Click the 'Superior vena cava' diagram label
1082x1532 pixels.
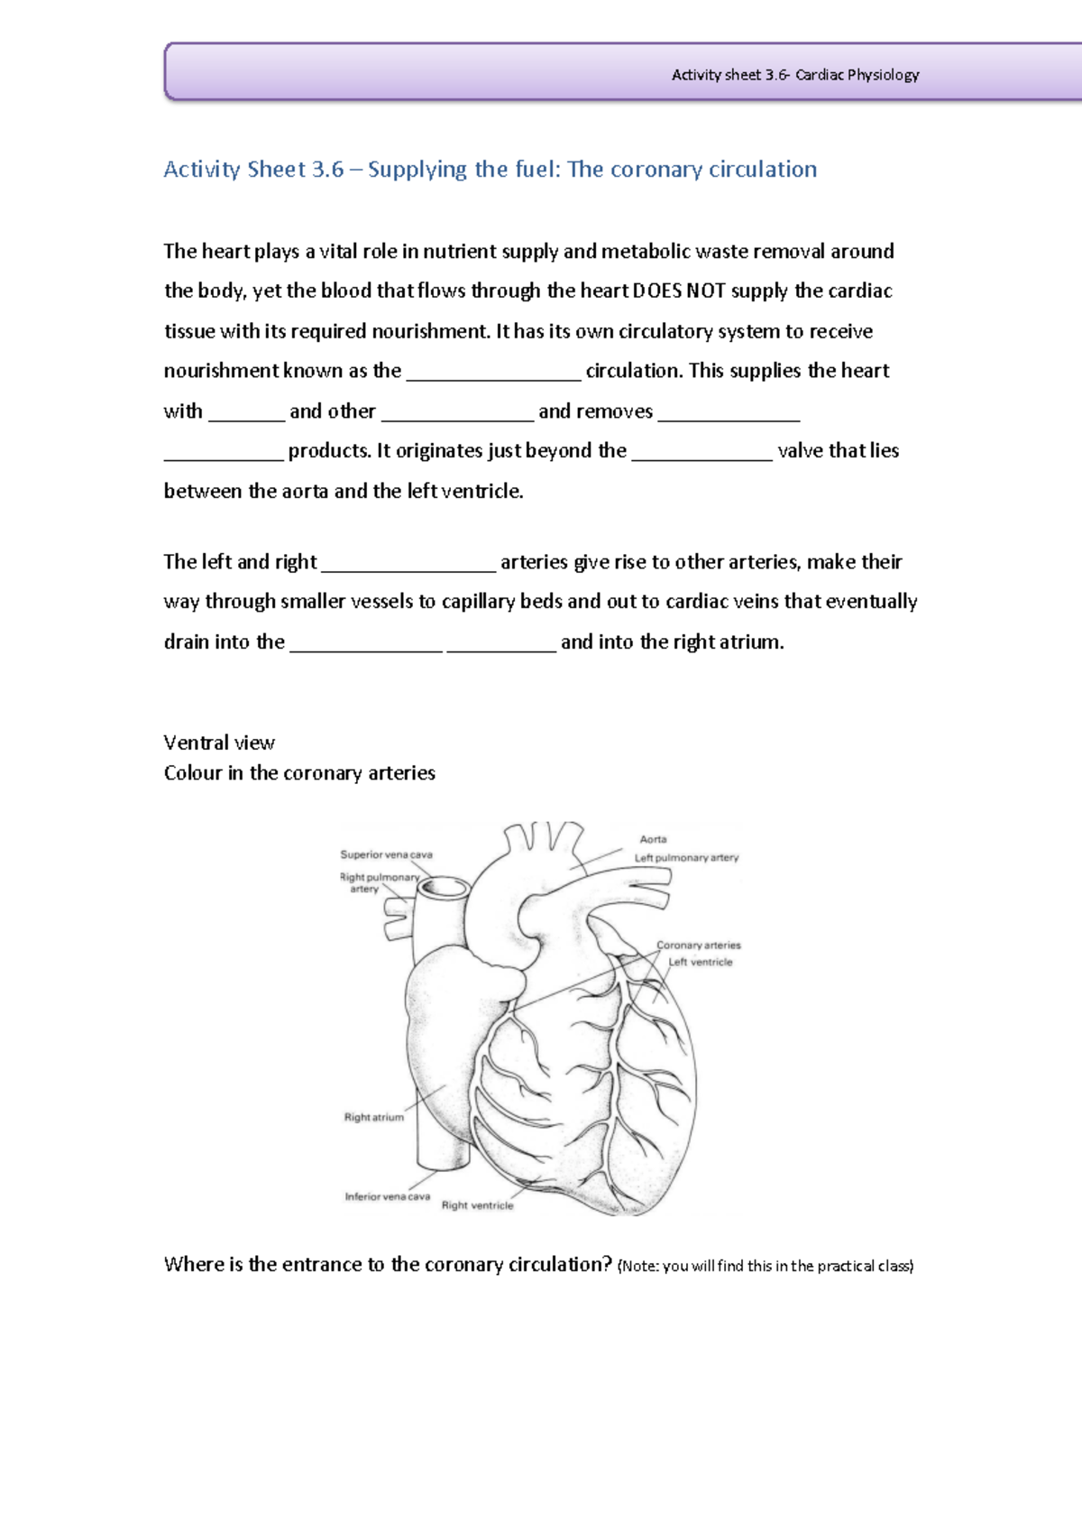pyautogui.click(x=386, y=854)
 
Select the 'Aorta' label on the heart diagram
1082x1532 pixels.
pyautogui.click(x=653, y=839)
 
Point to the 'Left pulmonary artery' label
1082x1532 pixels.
pyautogui.click(x=686, y=858)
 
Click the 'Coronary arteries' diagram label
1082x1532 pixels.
pyautogui.click(x=698, y=946)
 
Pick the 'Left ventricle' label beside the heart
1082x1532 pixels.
pyautogui.click(x=700, y=962)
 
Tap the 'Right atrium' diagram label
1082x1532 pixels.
pyautogui.click(x=373, y=1117)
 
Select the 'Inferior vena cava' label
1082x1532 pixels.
pyautogui.click(x=387, y=1196)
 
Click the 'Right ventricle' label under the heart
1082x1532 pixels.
pyautogui.click(x=477, y=1205)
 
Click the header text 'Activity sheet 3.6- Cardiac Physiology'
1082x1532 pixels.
pyautogui.click(x=794, y=75)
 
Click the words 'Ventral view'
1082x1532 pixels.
pyautogui.click(x=219, y=743)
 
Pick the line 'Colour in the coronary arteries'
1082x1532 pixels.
pyautogui.click(x=299, y=773)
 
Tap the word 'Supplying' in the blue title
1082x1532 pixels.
pyautogui.click(x=417, y=170)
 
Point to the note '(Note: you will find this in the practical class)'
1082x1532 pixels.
pyautogui.click(x=765, y=1266)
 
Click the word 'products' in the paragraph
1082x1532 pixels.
pyautogui.click(x=328, y=451)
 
